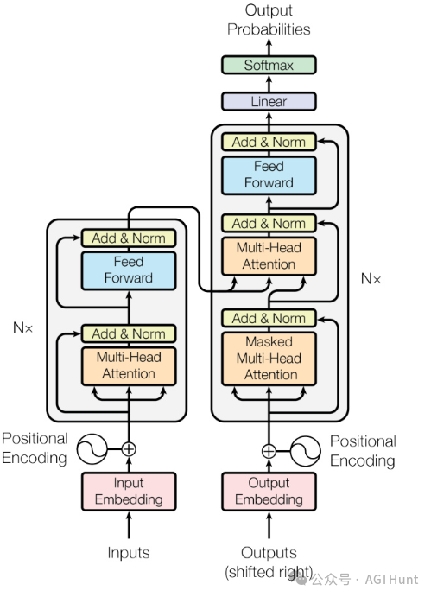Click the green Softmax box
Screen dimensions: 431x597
tap(269, 65)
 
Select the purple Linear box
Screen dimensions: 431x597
tap(269, 102)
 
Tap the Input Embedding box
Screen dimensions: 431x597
tap(129, 491)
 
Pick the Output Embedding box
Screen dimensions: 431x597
tap(269, 491)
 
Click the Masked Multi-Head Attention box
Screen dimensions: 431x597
tap(269, 359)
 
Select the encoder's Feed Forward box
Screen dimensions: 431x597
tap(129, 270)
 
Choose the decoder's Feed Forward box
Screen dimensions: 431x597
tap(269, 175)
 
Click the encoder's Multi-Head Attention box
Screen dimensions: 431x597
tap(129, 366)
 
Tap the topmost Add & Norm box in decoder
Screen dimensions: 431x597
tap(269, 142)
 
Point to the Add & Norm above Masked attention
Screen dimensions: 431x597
tap(269, 318)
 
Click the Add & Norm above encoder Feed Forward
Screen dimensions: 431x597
tap(129, 238)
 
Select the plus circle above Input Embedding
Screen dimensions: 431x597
tap(129, 449)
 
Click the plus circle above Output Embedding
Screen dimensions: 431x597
tap(269, 451)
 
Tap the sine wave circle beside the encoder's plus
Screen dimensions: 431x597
tap(92, 449)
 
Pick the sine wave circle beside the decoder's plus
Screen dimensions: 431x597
tap(306, 451)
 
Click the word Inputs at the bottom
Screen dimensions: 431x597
tap(129, 552)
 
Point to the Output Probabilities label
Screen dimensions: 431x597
tap(269, 20)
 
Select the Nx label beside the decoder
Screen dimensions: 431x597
tap(371, 279)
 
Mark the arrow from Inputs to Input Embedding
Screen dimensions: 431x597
tap(129, 525)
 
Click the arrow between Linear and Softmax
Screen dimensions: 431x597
tap(269, 84)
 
